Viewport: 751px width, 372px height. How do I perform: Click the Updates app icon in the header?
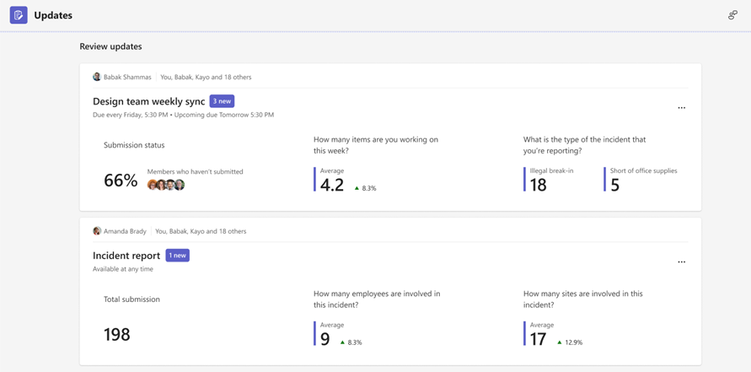click(x=19, y=15)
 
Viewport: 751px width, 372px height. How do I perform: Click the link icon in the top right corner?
click(x=732, y=15)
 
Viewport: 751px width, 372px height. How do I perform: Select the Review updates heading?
click(x=110, y=46)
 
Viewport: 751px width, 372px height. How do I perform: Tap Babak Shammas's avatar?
click(x=97, y=77)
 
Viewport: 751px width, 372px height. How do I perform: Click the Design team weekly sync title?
click(x=149, y=101)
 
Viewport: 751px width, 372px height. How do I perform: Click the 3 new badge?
click(x=222, y=101)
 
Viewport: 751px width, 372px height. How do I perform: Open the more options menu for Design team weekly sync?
click(x=681, y=108)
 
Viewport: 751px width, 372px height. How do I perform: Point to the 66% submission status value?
click(x=121, y=181)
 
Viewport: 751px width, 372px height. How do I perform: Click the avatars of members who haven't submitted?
click(x=166, y=185)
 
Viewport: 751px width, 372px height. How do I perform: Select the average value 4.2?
click(x=332, y=185)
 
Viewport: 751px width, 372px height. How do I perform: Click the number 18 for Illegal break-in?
click(x=538, y=185)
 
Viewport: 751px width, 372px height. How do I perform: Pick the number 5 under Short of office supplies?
click(x=614, y=185)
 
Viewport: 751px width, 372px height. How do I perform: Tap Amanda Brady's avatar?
click(x=97, y=231)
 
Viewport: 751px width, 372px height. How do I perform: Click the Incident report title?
click(x=126, y=256)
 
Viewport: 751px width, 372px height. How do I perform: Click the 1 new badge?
click(x=177, y=256)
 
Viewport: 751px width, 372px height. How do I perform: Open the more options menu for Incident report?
click(x=681, y=262)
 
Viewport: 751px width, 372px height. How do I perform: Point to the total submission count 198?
click(x=117, y=335)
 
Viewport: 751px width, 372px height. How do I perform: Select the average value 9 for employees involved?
click(x=325, y=339)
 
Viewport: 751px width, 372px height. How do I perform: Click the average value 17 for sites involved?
click(x=538, y=339)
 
